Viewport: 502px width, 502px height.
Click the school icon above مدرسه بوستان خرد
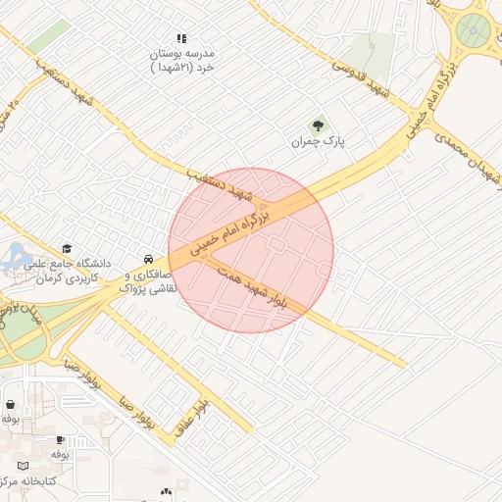(x=181, y=38)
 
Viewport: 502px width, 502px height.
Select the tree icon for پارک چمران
(x=317, y=125)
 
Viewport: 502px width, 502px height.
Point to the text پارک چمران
(x=319, y=142)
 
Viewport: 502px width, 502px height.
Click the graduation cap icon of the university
(x=67, y=249)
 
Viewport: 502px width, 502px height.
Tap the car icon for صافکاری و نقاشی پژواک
(x=147, y=259)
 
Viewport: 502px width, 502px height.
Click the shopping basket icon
(x=10, y=404)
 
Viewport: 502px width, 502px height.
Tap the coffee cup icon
(x=60, y=440)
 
